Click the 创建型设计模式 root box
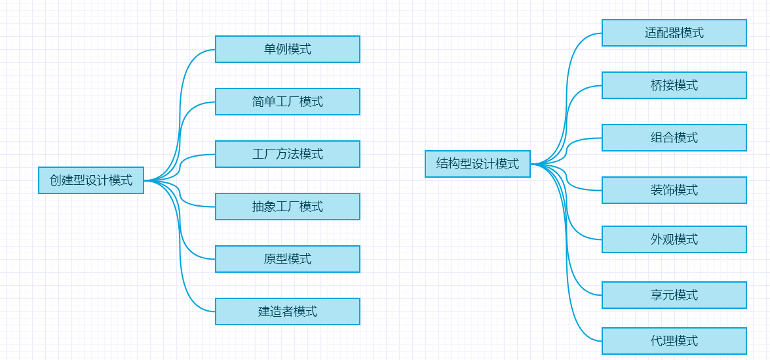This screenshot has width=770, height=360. [x=91, y=180]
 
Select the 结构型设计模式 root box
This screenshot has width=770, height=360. [x=478, y=164]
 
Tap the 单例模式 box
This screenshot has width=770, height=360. [x=288, y=49]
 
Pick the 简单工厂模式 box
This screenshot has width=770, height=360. [x=288, y=102]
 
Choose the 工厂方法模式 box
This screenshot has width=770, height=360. [x=288, y=154]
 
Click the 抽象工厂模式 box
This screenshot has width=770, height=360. [x=288, y=207]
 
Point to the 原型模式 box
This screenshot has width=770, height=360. [x=288, y=259]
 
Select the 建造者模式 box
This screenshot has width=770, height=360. [x=288, y=311]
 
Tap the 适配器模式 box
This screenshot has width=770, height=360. [x=674, y=33]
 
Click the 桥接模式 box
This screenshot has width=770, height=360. [x=674, y=85]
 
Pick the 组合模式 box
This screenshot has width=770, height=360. [x=674, y=138]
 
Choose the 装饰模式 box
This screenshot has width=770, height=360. [x=674, y=190]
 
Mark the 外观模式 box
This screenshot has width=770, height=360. [x=674, y=239]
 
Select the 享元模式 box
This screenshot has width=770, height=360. [x=674, y=295]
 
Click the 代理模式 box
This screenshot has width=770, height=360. [x=674, y=341]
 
